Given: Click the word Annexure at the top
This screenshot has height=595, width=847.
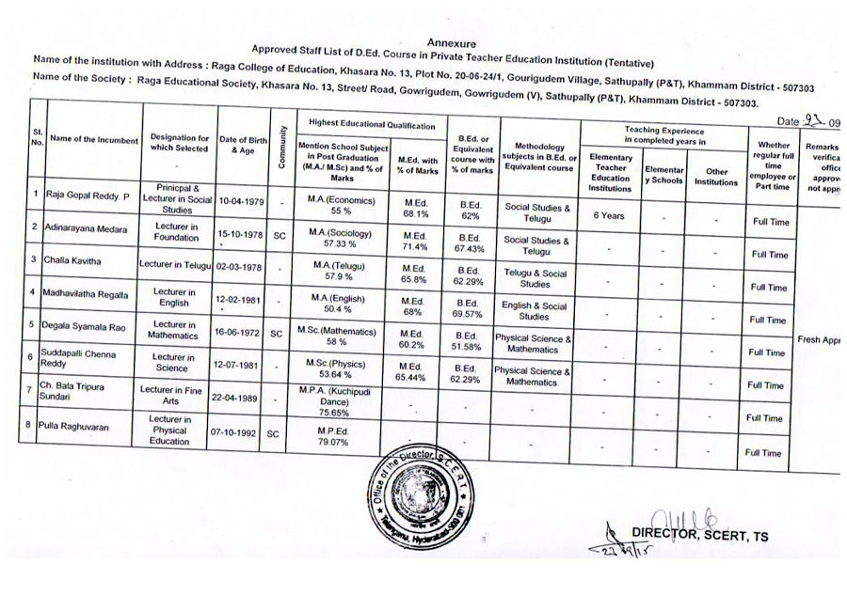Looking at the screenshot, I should coord(452,43).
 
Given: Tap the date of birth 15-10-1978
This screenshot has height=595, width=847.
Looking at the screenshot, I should coord(243,234).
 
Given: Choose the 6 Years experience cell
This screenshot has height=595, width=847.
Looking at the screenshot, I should coord(609,215).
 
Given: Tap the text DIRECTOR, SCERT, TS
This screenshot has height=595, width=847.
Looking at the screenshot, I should coord(700,537).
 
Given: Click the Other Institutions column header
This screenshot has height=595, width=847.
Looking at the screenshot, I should coord(716,177).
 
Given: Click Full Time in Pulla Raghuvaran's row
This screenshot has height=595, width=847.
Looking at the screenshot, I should coord(763,452).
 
